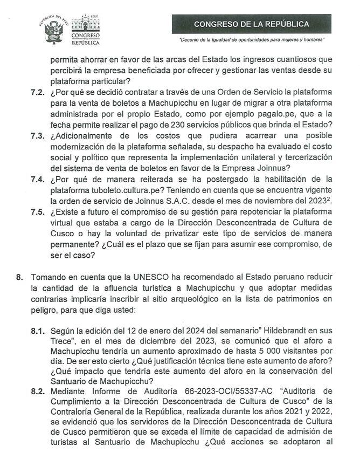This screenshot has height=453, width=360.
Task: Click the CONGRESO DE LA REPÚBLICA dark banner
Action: [x=251, y=24]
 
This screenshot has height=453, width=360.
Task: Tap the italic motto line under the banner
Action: [x=251, y=40]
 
